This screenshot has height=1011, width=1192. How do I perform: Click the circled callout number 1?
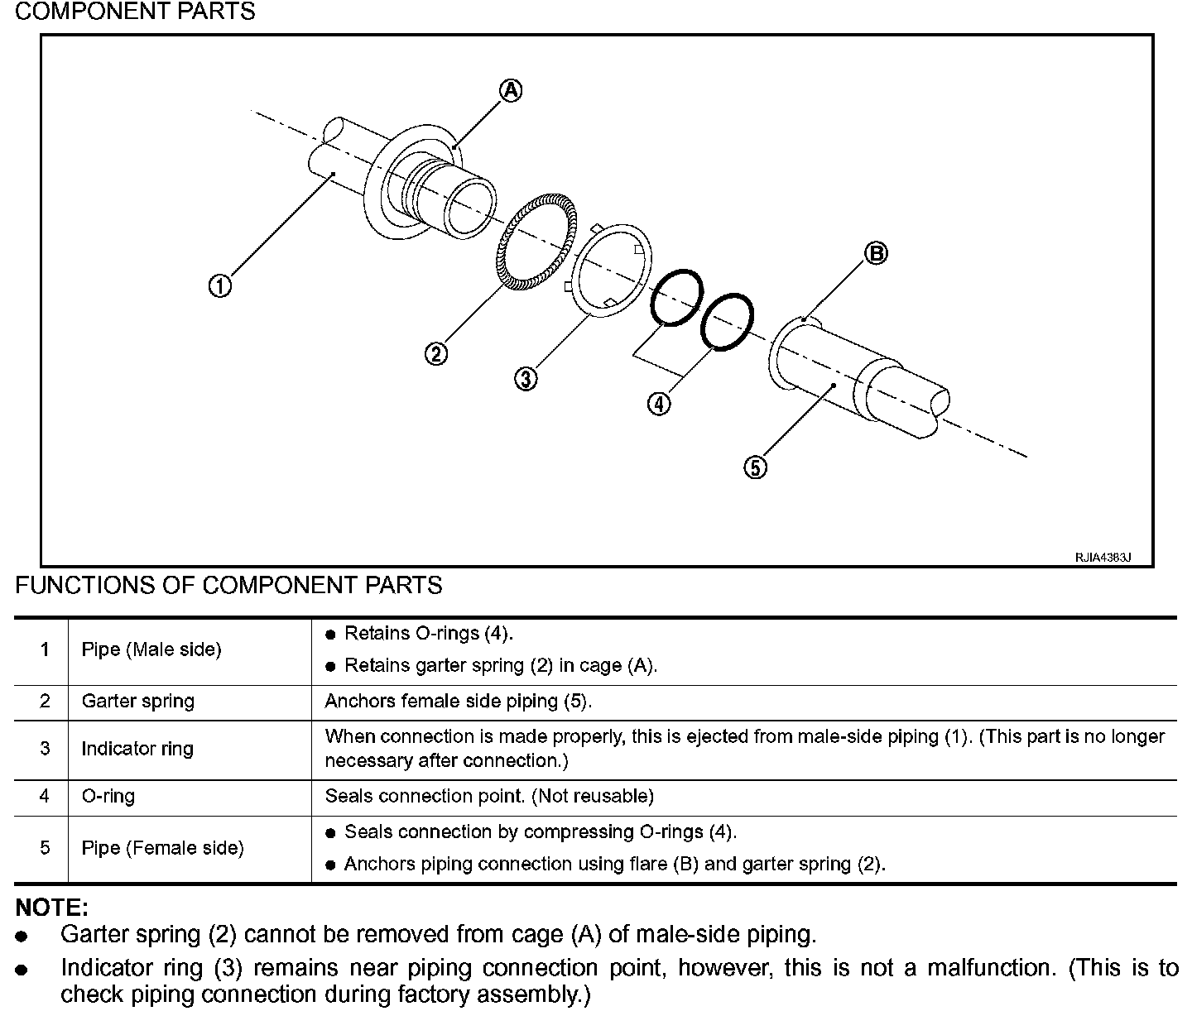(219, 286)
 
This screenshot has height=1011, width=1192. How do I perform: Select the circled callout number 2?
(436, 354)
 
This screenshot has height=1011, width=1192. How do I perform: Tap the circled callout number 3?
(526, 379)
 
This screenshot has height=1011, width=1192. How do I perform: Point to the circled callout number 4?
(659, 404)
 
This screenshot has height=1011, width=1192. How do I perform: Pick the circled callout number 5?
(755, 467)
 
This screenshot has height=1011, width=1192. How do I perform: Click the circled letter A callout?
(512, 90)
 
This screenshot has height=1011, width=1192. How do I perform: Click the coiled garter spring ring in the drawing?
(503, 256)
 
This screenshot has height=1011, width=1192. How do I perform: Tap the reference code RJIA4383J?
(1103, 558)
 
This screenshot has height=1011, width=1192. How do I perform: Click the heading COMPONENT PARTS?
(135, 12)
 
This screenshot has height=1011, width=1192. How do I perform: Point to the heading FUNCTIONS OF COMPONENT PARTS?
(228, 586)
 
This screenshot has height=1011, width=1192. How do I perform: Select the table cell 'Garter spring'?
(137, 702)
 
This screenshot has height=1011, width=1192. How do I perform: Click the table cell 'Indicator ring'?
(137, 749)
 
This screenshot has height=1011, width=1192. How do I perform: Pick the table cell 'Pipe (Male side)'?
(151, 650)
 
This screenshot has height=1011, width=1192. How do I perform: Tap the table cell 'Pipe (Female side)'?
(162, 848)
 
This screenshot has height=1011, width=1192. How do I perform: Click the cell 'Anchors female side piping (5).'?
(459, 702)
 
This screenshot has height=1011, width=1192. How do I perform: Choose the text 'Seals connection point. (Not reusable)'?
(489, 796)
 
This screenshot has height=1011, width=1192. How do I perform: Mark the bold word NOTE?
(52, 907)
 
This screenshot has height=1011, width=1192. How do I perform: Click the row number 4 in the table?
(45, 796)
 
